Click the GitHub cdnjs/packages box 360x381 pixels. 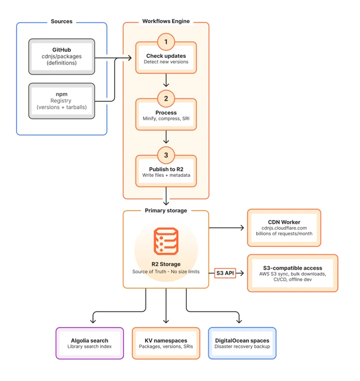(x=61, y=56)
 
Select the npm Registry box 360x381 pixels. (x=61, y=101)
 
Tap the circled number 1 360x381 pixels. (x=166, y=42)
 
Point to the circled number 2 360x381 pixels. (x=166, y=98)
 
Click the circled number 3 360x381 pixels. (x=166, y=155)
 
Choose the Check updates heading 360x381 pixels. (x=166, y=56)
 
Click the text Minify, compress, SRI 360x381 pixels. (x=166, y=118)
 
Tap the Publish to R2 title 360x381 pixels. (x=166, y=169)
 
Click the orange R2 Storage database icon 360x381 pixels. (x=166, y=241)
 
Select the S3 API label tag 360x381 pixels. (x=225, y=273)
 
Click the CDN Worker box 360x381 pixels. (x=284, y=228)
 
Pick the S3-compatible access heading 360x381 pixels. (x=293, y=268)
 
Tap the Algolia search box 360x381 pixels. (x=90, y=343)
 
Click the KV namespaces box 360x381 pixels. (x=166, y=343)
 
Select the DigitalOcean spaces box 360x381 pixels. (x=242, y=343)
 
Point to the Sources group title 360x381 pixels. (x=61, y=21)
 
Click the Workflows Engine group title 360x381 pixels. (x=166, y=21)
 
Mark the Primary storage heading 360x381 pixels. (x=166, y=211)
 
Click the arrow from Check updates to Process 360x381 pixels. (x=166, y=80)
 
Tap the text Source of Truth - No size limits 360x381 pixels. (x=166, y=272)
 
